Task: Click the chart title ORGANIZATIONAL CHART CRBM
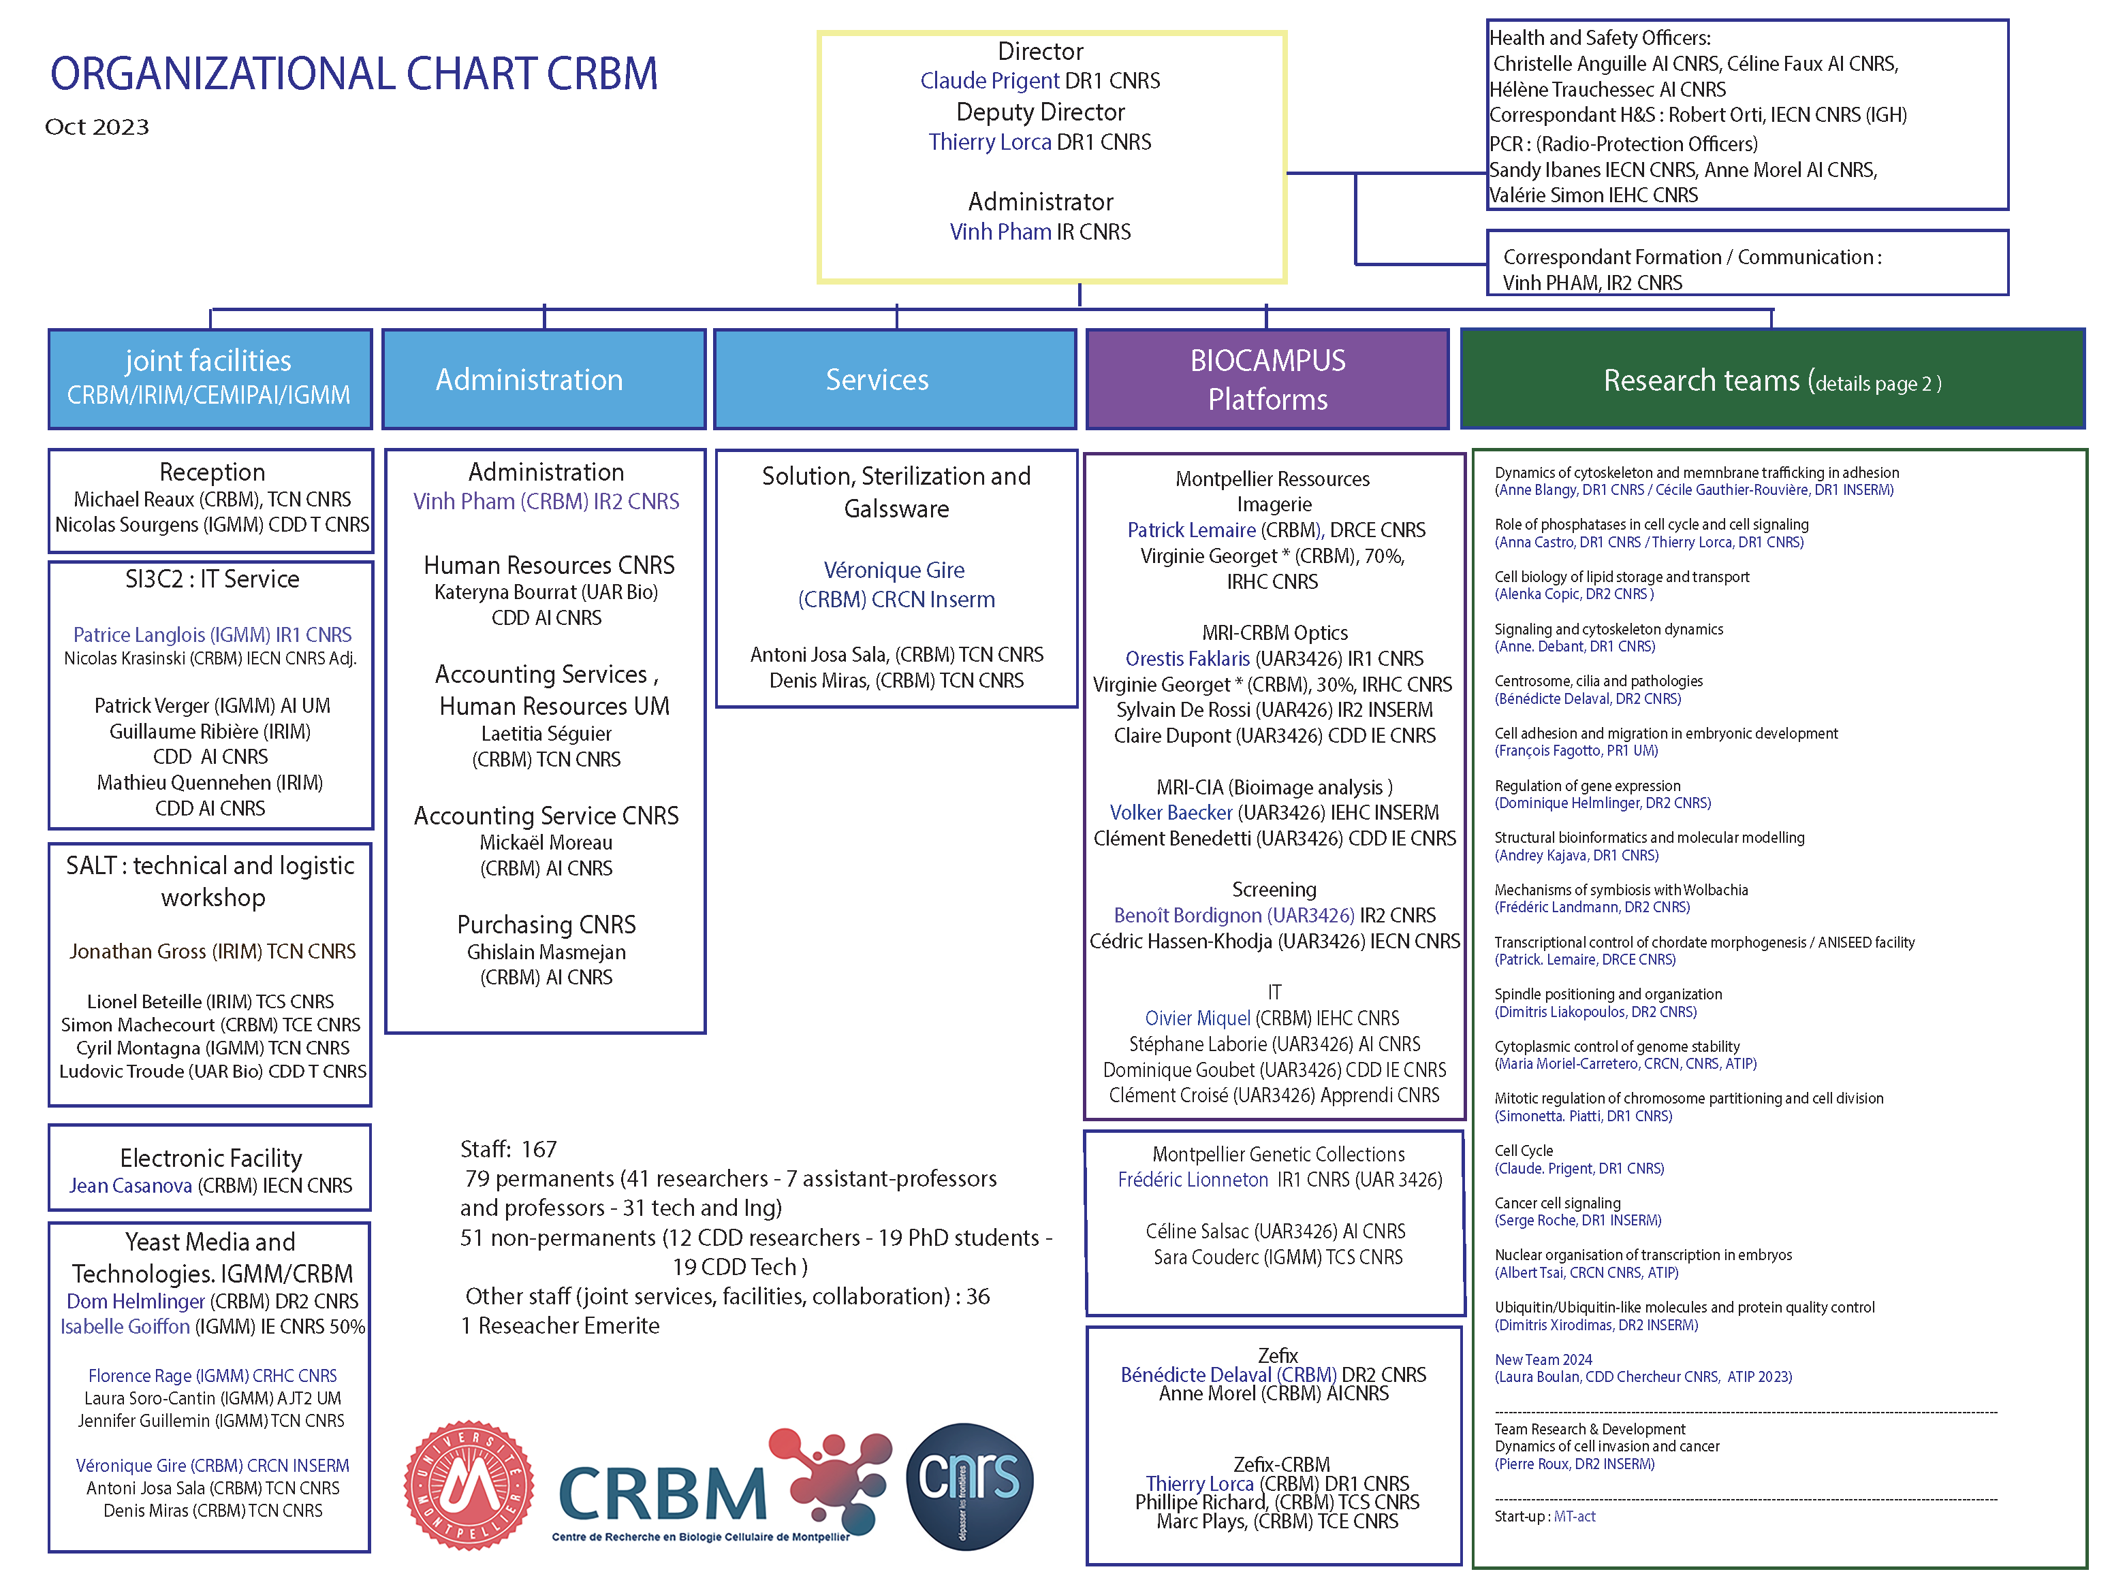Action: (x=354, y=74)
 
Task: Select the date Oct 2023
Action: (x=97, y=127)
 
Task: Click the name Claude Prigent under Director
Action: (x=990, y=81)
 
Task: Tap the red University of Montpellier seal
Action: (x=469, y=1484)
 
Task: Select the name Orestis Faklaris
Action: (x=1188, y=658)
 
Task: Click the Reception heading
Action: (x=212, y=472)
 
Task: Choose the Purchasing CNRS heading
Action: (x=546, y=925)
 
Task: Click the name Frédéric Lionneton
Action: (x=1193, y=1180)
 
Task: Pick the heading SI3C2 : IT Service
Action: (x=212, y=579)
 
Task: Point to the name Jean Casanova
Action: (x=130, y=1185)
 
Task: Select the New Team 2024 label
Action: (x=1543, y=1359)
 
